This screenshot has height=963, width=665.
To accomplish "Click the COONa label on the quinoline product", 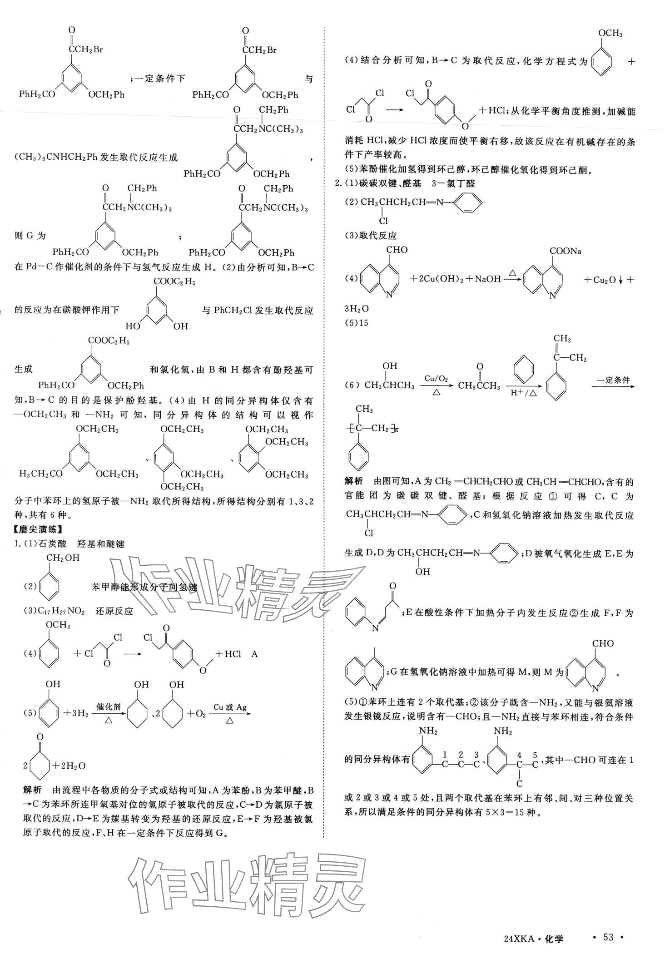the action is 566,251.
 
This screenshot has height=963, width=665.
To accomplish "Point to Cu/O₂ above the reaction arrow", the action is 436,378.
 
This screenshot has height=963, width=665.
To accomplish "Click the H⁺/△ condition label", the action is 524,393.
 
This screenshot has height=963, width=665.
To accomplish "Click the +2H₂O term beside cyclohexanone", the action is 69,765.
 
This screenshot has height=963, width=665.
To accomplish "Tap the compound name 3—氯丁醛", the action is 454,183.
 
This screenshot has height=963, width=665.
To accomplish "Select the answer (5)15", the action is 357,323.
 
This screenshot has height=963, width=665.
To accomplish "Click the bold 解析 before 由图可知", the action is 353,481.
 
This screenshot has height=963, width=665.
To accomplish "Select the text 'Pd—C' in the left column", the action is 38,267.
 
